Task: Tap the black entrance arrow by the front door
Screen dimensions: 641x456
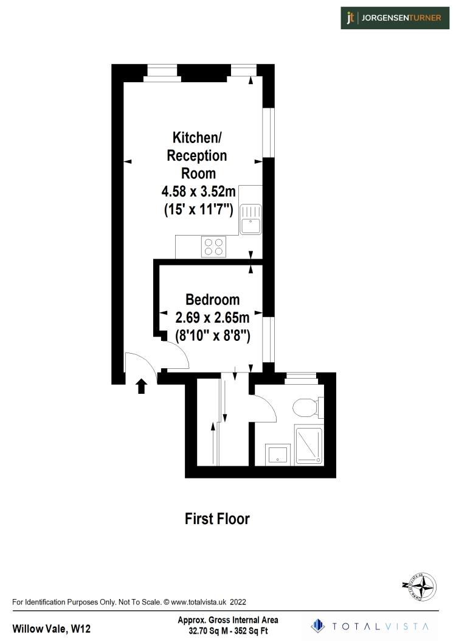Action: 141,385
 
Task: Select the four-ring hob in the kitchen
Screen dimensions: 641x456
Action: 213,246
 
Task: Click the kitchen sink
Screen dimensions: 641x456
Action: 250,219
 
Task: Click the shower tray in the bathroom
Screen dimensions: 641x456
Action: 310,445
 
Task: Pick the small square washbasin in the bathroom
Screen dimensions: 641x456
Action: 277,454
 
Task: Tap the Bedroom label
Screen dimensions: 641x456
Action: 212,299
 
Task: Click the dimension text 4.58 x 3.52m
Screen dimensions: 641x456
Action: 198,192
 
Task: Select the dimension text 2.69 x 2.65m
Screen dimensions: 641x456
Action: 212,317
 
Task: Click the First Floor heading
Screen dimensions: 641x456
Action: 217,519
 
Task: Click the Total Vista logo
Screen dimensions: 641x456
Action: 370,626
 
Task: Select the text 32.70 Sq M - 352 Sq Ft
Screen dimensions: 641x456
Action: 227,631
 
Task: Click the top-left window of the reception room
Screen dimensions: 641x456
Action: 162,72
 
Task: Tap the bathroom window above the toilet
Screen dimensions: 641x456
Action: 302,377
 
